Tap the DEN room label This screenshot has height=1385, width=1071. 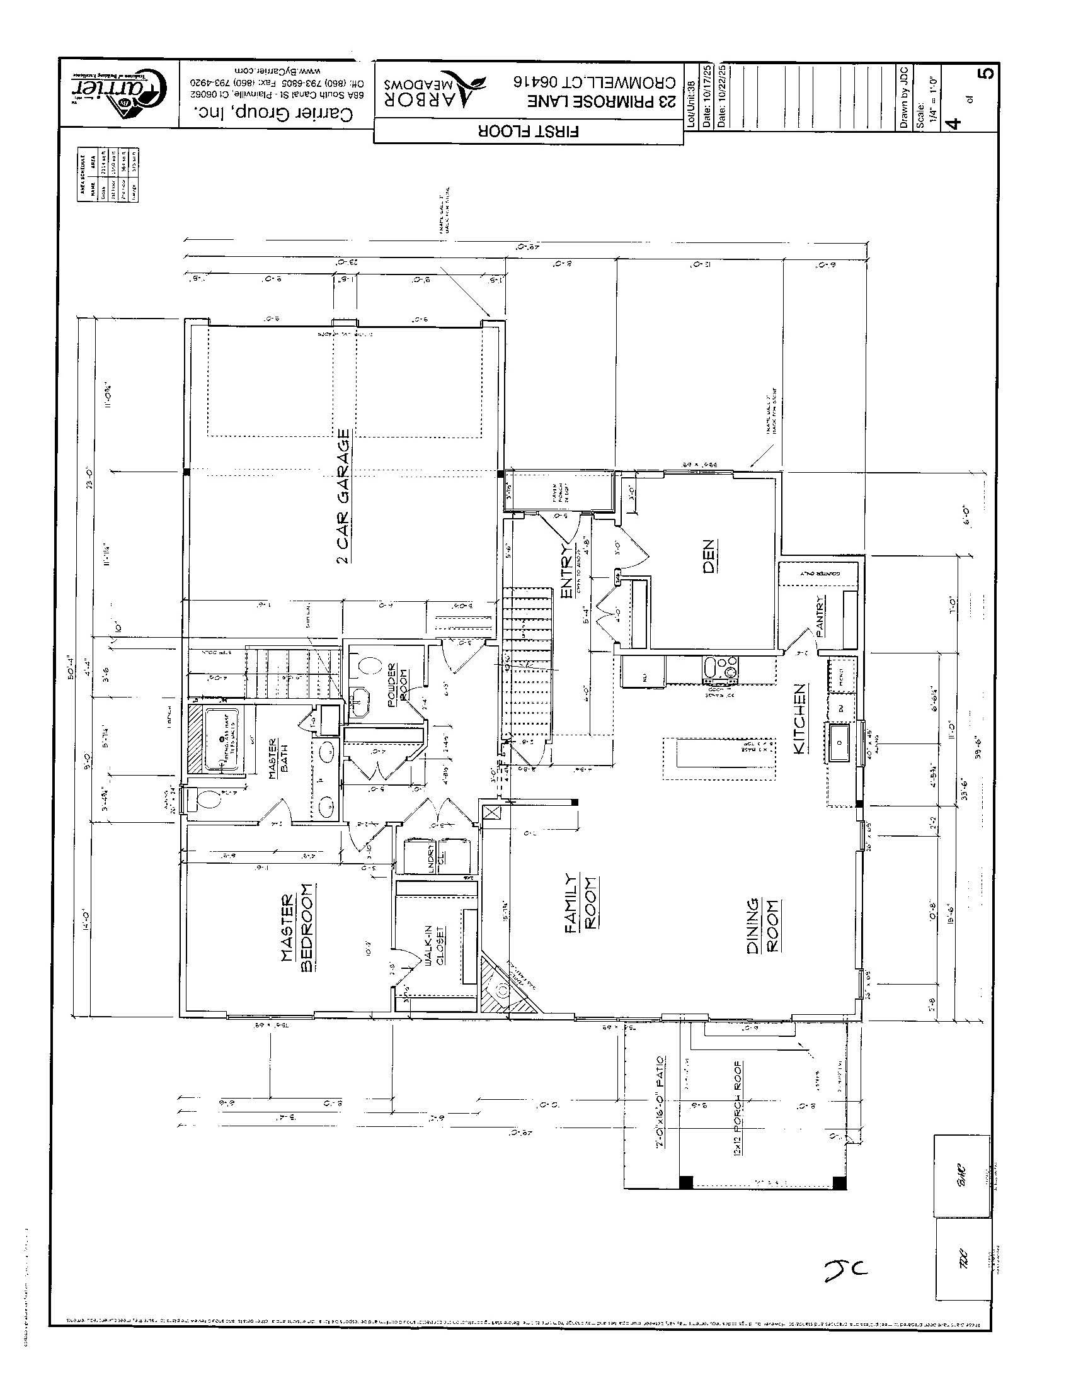pos(709,556)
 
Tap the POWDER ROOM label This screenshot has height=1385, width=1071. pos(396,685)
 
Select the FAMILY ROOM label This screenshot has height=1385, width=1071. pos(580,902)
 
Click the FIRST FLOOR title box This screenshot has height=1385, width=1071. pos(529,132)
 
